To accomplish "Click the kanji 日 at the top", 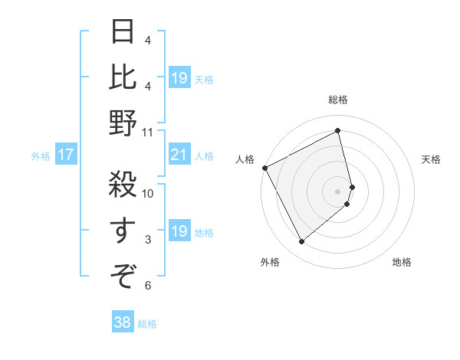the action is click(x=123, y=33).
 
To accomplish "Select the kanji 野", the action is click(x=123, y=123).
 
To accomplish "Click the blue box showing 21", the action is click(x=179, y=155).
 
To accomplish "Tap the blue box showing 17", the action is click(x=66, y=155).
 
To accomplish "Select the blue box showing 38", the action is click(x=122, y=323).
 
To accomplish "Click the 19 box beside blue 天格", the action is click(x=179, y=78).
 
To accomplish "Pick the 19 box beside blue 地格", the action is click(x=179, y=231).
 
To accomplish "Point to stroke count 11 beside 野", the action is click(x=148, y=132).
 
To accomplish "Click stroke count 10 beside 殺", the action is click(x=148, y=193).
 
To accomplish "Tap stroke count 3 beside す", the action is click(x=148, y=240).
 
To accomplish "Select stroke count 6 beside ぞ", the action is click(x=148, y=285).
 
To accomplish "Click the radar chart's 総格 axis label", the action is click(x=338, y=100).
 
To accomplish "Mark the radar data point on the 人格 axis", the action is click(x=264, y=168).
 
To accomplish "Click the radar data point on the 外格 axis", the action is click(x=301, y=242).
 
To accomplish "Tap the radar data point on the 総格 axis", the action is click(x=338, y=130).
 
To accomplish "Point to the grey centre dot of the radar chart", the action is click(x=338, y=191).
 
